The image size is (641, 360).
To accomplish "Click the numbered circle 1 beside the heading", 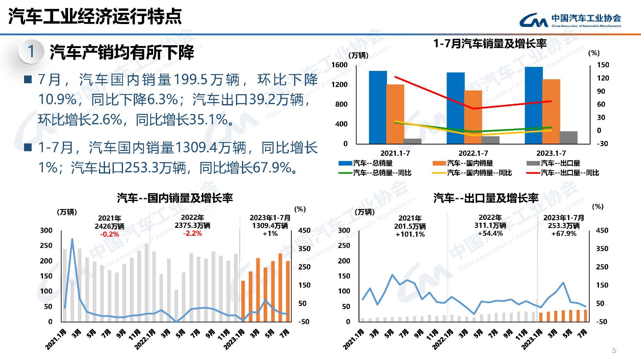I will tap(31, 52).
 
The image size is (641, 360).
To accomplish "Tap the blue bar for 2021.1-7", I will tap(378, 107).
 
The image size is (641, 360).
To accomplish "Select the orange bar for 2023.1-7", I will tap(551, 111).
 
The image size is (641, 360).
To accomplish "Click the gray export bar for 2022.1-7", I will tap(490, 140).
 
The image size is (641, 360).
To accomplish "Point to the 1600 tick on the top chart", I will tap(339, 65).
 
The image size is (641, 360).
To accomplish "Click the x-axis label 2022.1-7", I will tap(473, 153).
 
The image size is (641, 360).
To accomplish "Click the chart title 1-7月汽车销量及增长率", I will tap(490, 44).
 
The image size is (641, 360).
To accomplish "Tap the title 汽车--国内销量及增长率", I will tap(175, 198).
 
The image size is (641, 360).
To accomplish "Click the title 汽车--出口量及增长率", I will tap(486, 198).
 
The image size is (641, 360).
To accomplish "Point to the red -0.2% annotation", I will tap(109, 234).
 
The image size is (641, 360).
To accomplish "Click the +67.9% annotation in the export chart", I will tap(564, 233).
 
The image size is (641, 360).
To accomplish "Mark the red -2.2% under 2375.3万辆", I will tap(192, 233).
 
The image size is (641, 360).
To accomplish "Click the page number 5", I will tap(614, 350).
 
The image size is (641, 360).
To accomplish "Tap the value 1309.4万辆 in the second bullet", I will tap(211, 148).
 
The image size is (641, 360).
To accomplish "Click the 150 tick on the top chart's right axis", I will tap(603, 65).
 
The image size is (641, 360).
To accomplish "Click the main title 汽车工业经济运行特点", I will tap(95, 16).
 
